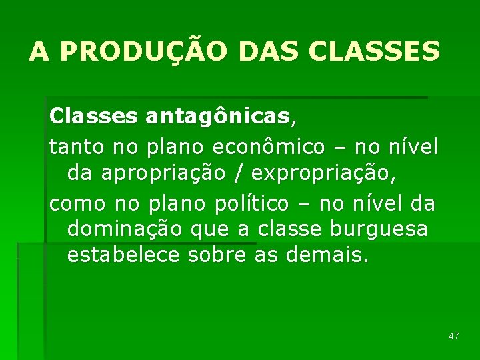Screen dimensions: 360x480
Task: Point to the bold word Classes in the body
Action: (x=93, y=117)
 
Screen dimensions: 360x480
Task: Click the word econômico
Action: (x=269, y=145)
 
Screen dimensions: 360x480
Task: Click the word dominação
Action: (x=125, y=229)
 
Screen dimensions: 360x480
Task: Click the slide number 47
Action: (x=453, y=336)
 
